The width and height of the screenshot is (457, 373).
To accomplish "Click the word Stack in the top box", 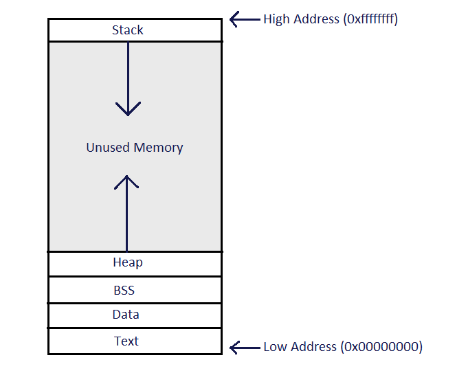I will point(128,30).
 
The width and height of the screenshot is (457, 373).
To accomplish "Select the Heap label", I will point(128,262).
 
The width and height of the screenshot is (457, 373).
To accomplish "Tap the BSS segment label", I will point(124,290).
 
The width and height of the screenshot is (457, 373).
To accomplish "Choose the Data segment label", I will point(126,315).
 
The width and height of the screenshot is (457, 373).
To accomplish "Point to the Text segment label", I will point(126,341).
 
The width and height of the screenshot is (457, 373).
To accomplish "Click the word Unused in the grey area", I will point(108,147).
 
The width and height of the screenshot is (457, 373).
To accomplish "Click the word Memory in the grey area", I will point(158,147).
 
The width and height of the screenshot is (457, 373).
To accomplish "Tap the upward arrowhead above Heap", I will point(127,181).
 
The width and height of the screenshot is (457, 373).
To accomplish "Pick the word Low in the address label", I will point(275,347).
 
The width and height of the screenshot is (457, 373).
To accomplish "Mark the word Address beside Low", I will point(313,347).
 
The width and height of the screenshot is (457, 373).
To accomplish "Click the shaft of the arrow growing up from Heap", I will point(127,220).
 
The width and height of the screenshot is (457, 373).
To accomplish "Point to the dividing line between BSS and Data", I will point(135,303).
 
